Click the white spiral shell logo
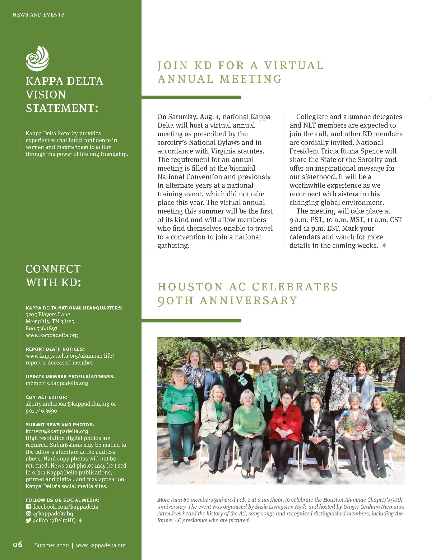pyautogui.click(x=37, y=58)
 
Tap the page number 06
pyautogui.click(x=18, y=545)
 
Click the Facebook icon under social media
pyautogui.click(x=28, y=507)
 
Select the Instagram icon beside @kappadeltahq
pyautogui.click(x=28, y=514)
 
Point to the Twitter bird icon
pyautogui.click(x=28, y=520)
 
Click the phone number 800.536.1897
pyautogui.click(x=41, y=328)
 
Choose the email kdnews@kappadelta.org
pyautogui.click(x=57, y=431)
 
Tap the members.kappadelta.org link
pyautogui.click(x=57, y=383)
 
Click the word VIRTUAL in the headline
pyautogui.click(x=294, y=65)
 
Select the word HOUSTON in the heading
pyautogui.click(x=190, y=287)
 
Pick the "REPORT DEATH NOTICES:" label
pyautogui.click(x=55, y=349)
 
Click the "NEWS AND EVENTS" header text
pyautogui.click(x=38, y=15)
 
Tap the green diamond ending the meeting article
pyautogui.click(x=384, y=245)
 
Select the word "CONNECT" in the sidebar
pyautogui.click(x=53, y=269)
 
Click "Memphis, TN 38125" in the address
pyautogui.click(x=50, y=321)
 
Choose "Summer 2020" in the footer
pyautogui.click(x=52, y=545)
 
